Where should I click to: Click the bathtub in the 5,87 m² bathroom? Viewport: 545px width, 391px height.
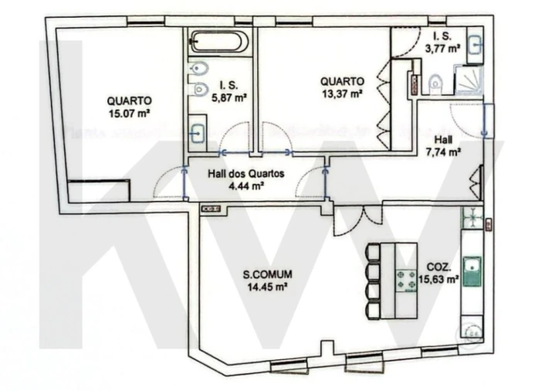click(219, 40)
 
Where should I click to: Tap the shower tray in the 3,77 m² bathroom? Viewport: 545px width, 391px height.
click(468, 79)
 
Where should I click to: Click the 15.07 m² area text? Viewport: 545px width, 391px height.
click(129, 113)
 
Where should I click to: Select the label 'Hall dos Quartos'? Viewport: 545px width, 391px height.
click(246, 174)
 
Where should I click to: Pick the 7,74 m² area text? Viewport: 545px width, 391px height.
click(444, 152)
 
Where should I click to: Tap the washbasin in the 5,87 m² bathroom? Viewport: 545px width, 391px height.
click(198, 132)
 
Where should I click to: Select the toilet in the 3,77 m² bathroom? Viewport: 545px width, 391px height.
click(436, 82)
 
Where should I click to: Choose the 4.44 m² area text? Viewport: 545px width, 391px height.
click(246, 186)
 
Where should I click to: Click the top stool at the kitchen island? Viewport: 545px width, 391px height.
click(373, 254)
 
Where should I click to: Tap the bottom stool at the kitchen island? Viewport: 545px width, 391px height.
click(373, 310)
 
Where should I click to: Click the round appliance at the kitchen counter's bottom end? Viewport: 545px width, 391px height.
click(469, 332)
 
